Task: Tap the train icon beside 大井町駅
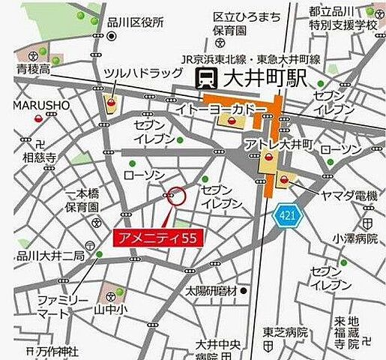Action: click(205, 78)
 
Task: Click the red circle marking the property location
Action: click(176, 196)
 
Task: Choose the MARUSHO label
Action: click(40, 105)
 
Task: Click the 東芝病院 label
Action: click(286, 332)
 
